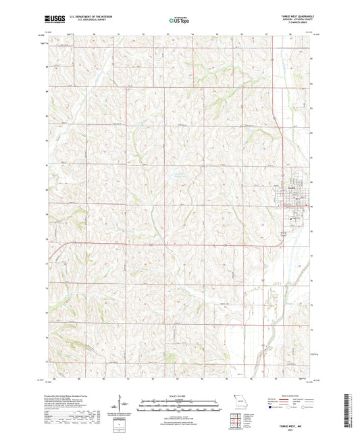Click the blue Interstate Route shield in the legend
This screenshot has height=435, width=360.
pyautogui.click(x=272, y=407)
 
